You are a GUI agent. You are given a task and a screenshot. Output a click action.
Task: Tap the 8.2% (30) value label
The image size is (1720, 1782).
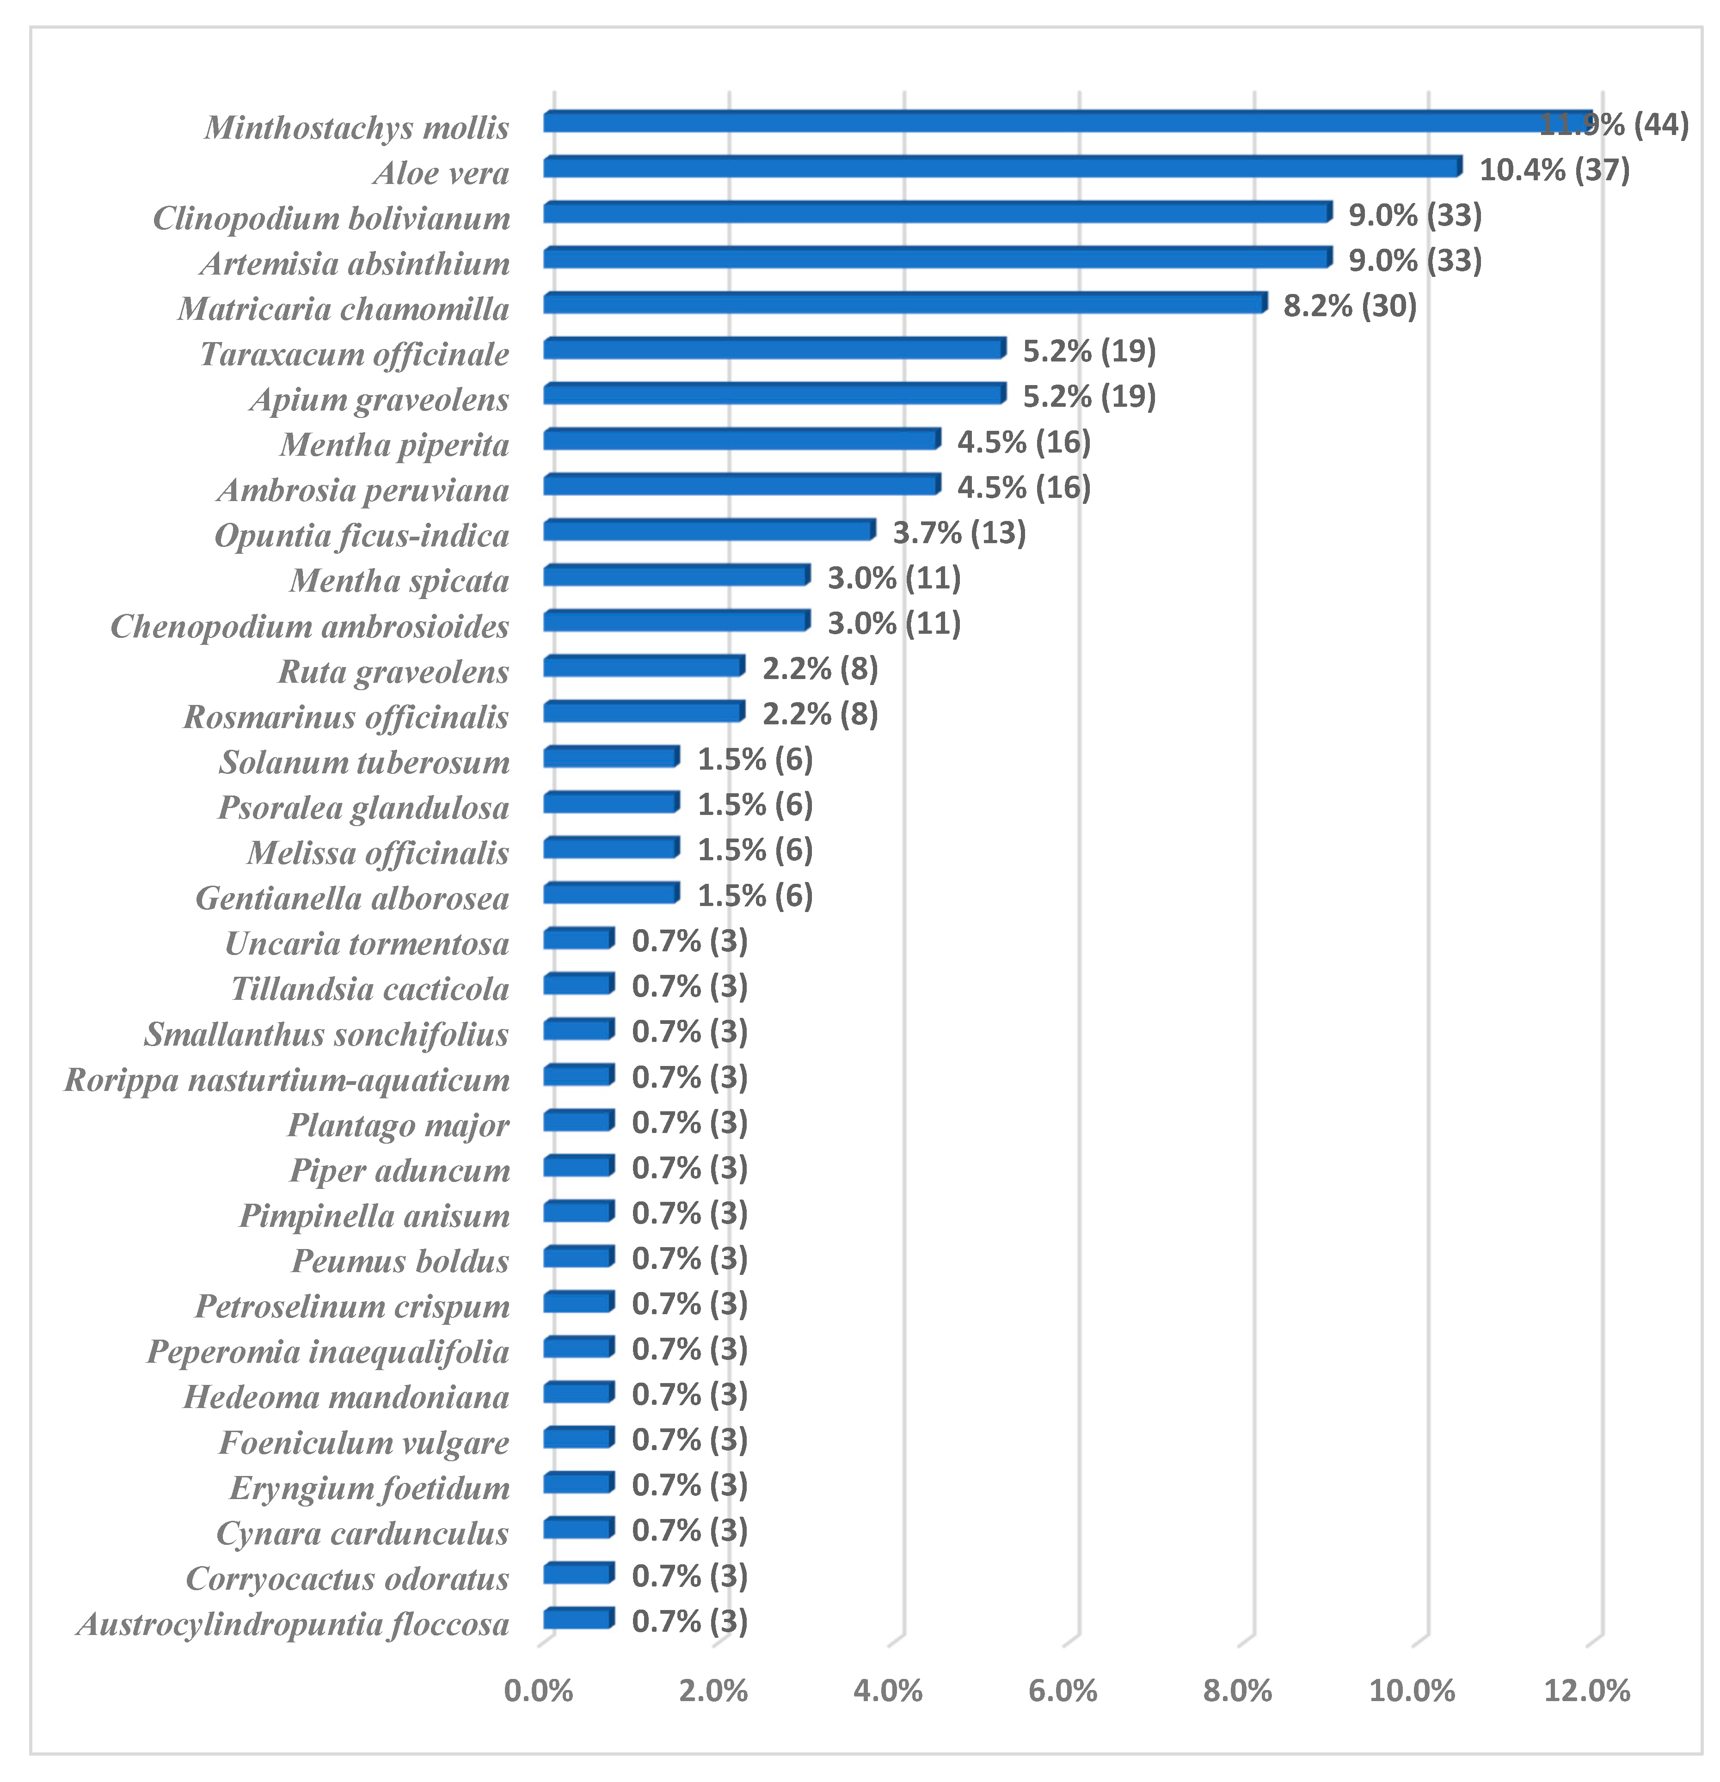(1349, 306)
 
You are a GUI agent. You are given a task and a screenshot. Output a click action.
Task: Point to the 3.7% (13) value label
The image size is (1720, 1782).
(958, 533)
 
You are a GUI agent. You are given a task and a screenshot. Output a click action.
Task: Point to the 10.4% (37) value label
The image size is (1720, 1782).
(1554, 170)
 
